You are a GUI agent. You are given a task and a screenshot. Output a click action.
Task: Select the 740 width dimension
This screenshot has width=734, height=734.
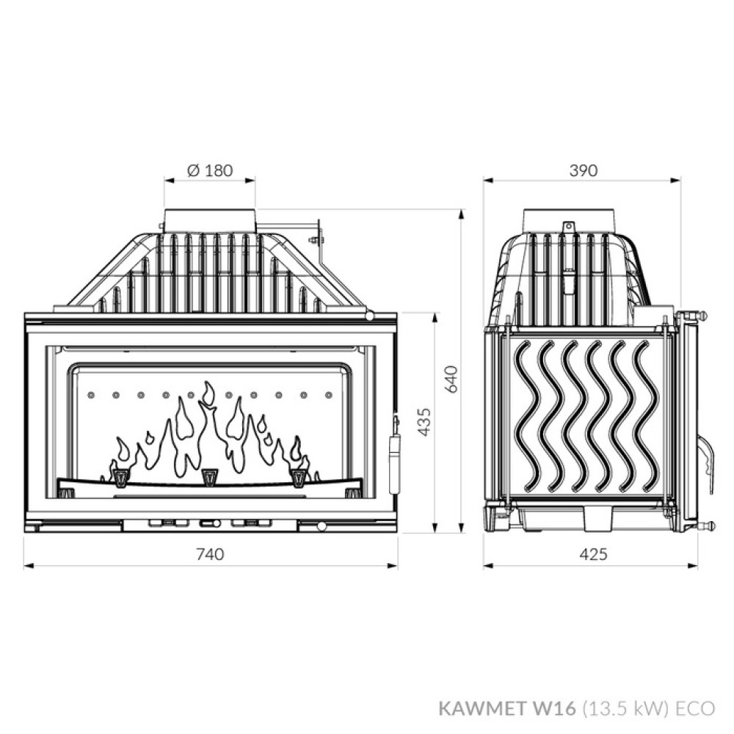pyautogui.click(x=211, y=554)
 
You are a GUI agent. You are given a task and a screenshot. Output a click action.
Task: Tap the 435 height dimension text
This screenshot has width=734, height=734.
pyautogui.click(x=424, y=421)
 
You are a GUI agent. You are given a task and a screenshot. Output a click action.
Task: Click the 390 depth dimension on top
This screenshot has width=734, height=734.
pyautogui.click(x=584, y=170)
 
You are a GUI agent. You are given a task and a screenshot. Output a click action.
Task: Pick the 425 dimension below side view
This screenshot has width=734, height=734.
pyautogui.click(x=593, y=554)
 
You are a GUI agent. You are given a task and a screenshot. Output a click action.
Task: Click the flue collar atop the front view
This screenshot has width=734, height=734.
pyautogui.click(x=210, y=221)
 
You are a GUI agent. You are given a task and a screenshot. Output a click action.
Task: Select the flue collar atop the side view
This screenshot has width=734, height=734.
pyautogui.click(x=569, y=219)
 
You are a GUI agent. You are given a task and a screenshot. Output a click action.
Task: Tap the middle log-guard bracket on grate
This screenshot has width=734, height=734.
pyautogui.click(x=210, y=477)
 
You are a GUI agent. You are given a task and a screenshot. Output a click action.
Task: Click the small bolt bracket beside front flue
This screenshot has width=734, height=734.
pyautogui.click(x=316, y=238)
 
